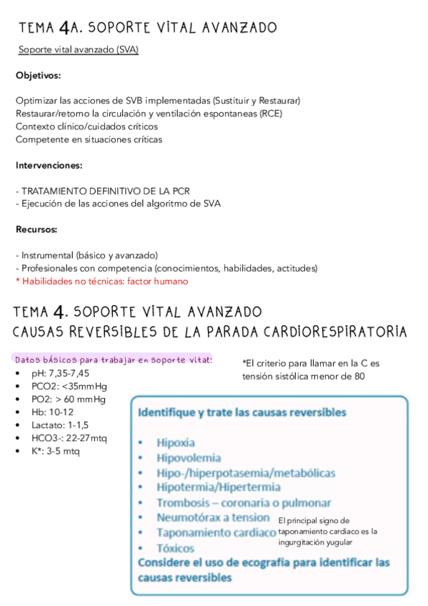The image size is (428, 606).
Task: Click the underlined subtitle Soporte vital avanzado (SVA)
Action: pyautogui.click(x=79, y=49)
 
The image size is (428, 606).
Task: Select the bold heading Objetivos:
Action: pyautogui.click(x=38, y=75)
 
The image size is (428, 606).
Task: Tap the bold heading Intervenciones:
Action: pyautogui.click(x=49, y=165)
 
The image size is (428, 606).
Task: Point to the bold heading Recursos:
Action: pyautogui.click(x=36, y=229)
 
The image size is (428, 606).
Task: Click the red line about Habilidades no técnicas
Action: pyautogui.click(x=101, y=281)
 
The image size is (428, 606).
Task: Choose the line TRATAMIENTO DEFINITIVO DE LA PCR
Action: pyautogui.click(x=106, y=191)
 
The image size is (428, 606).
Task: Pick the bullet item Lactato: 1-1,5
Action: pyautogui.click(x=55, y=424)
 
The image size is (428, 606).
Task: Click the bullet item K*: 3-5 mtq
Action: pyautogui.click(x=51, y=451)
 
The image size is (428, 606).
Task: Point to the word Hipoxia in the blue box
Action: pyautogui.click(x=176, y=443)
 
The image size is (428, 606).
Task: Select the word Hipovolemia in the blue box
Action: pyautogui.click(x=189, y=458)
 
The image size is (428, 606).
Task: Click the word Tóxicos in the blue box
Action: pyautogui.click(x=176, y=548)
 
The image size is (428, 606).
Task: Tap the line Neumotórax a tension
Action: pyautogui.click(x=213, y=517)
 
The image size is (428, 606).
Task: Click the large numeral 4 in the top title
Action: pyautogui.click(x=65, y=28)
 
